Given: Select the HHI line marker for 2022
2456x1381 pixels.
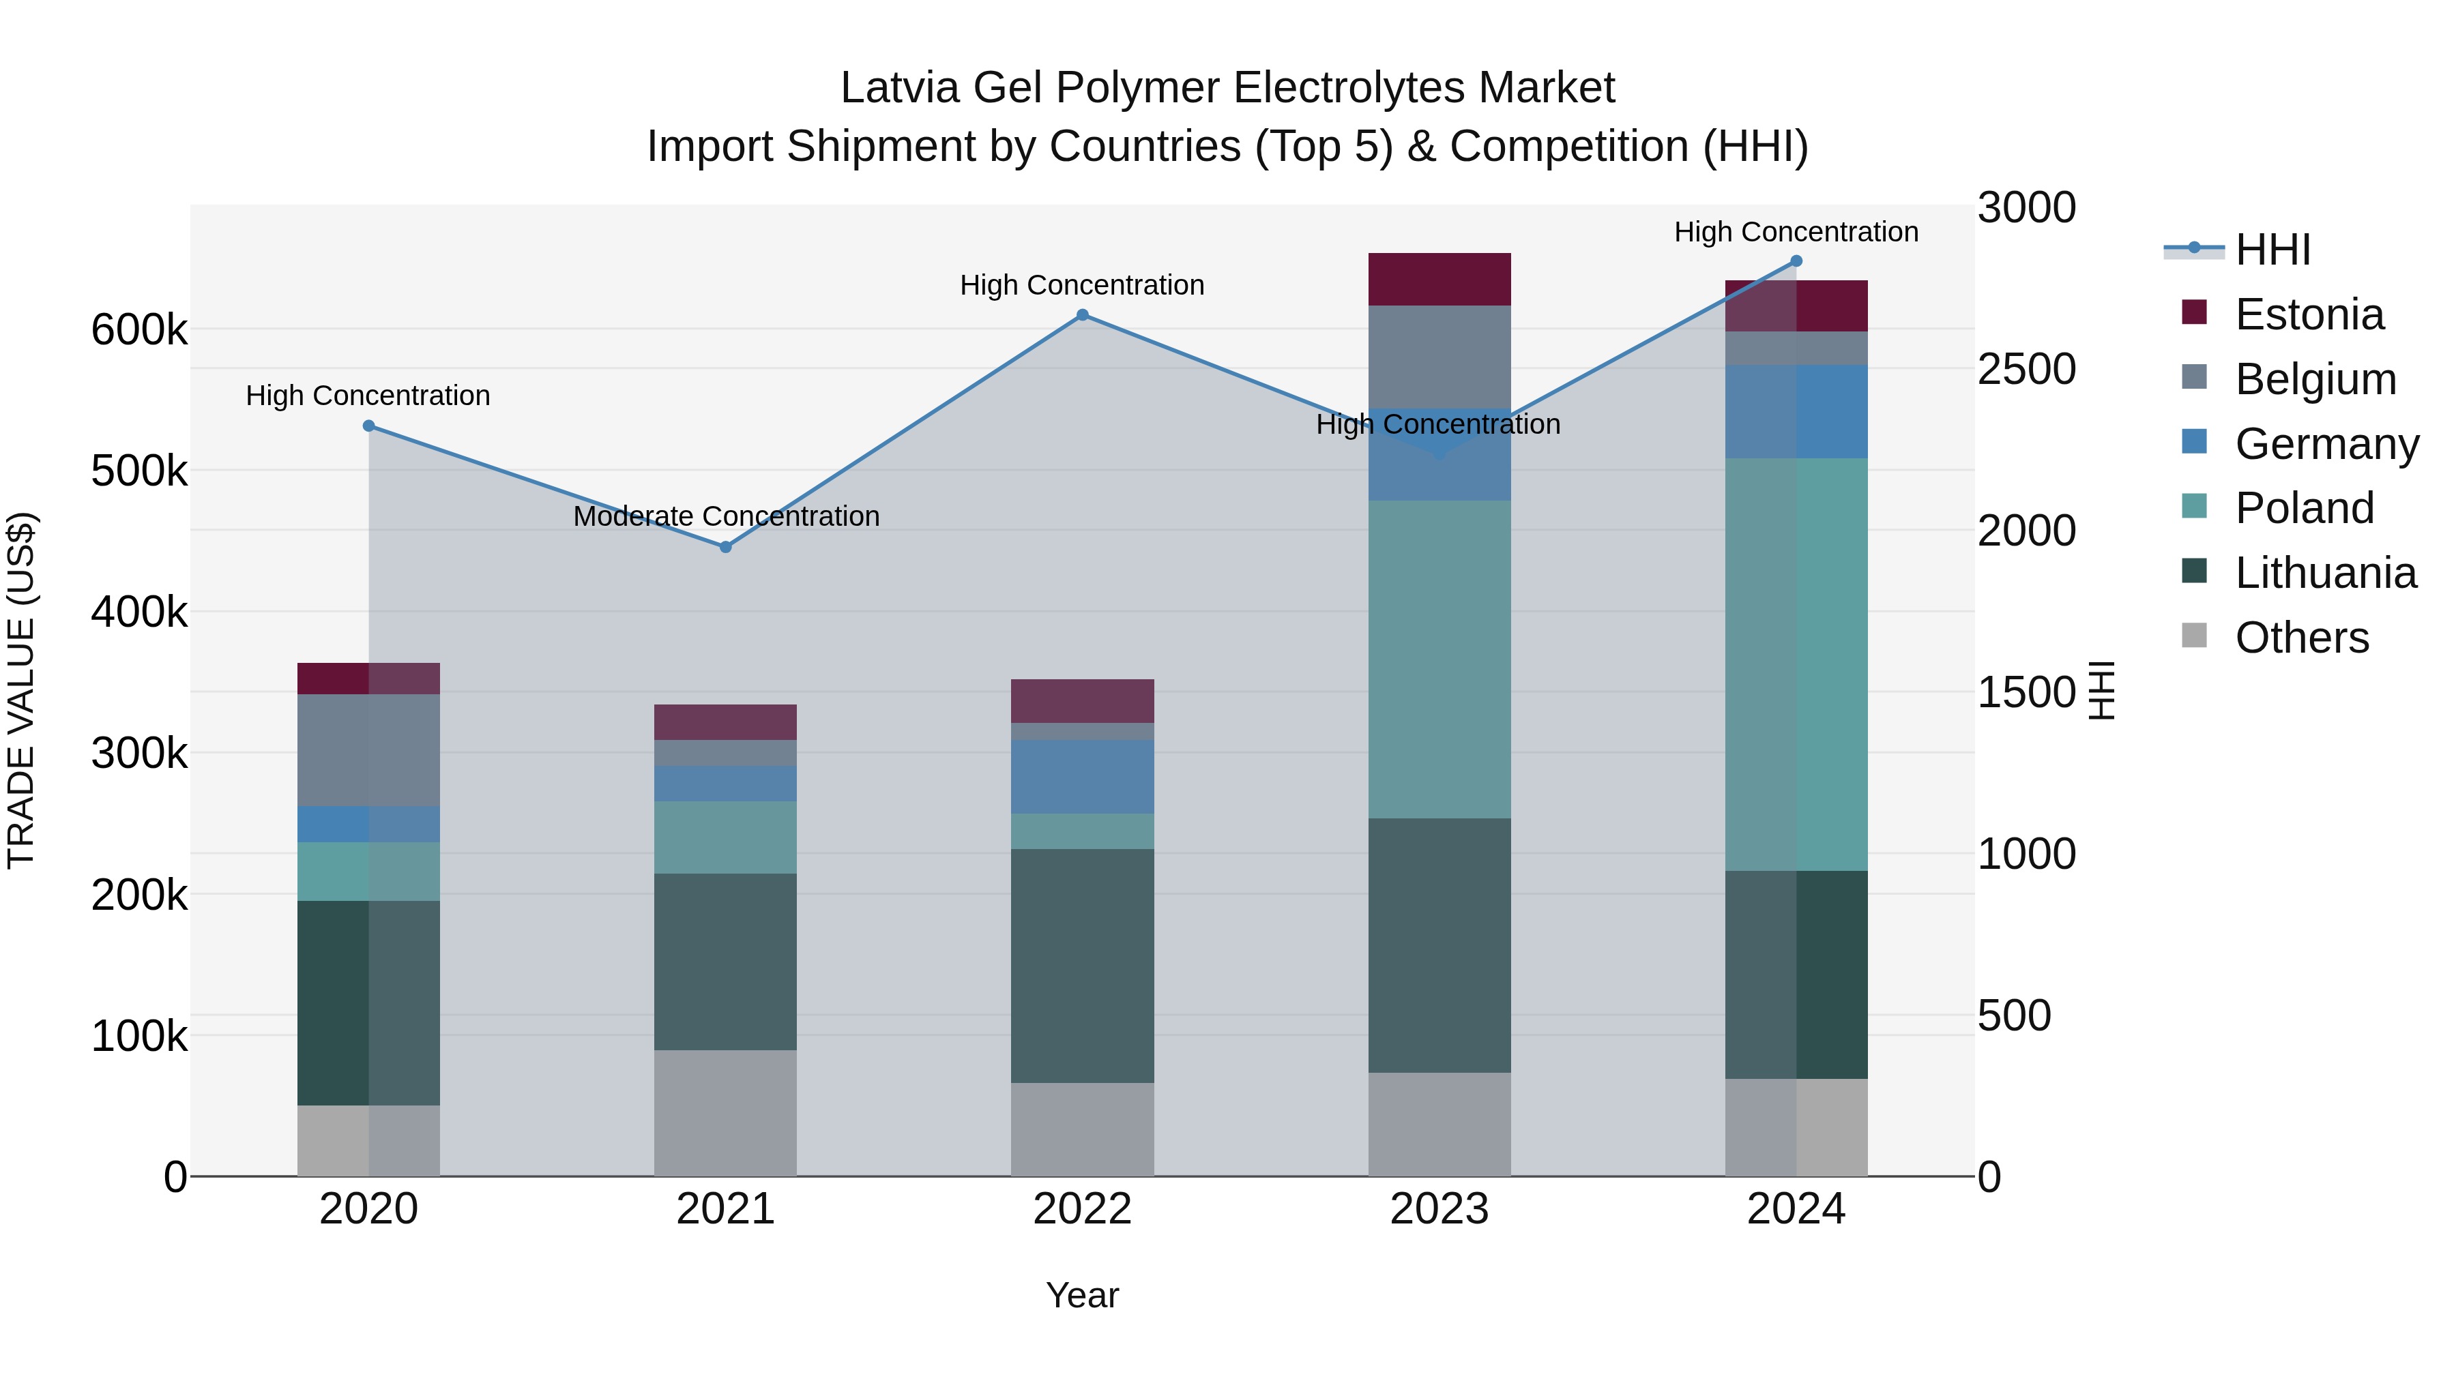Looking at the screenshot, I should point(1082,314).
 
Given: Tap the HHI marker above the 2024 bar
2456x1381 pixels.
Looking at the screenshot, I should point(1796,261).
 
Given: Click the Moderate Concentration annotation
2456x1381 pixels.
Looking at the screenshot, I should point(726,516).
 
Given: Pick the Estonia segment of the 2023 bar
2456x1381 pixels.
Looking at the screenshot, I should point(1439,279).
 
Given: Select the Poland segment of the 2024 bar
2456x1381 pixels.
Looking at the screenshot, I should point(1796,664).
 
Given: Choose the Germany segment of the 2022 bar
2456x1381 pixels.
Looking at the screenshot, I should point(1082,776).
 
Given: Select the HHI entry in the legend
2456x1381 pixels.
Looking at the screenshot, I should point(2272,250).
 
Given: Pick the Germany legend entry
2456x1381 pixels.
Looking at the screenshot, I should point(2326,444).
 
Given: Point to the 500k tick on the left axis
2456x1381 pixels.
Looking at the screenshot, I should point(139,471).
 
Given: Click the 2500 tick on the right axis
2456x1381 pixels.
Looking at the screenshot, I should point(2026,369).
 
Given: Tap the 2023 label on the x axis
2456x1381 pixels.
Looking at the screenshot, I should point(1439,1209).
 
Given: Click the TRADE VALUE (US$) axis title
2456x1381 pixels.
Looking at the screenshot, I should point(21,690).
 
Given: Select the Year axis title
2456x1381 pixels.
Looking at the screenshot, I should point(1082,1295).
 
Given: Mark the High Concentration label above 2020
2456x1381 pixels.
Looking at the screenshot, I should point(368,396).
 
